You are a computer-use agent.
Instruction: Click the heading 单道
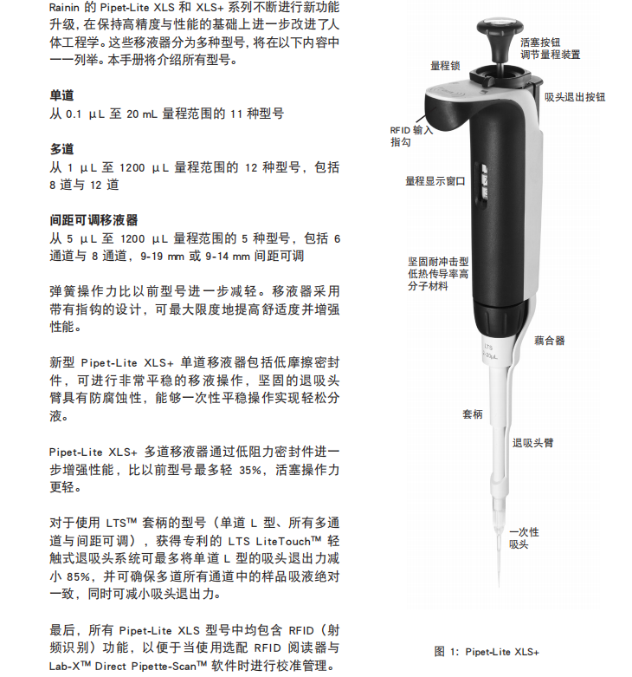click(x=61, y=96)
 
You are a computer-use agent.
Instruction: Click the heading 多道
click(x=61, y=150)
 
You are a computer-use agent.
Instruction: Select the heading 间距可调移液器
click(x=94, y=220)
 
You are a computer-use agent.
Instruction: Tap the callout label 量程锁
click(x=445, y=65)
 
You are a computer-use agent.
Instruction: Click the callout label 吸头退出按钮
click(x=575, y=97)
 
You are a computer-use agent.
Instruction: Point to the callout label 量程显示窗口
click(x=435, y=182)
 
